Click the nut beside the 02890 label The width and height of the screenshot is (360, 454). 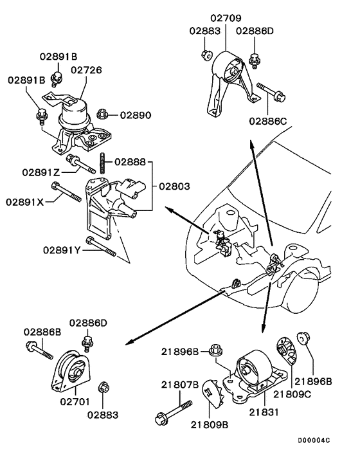[x=102, y=114]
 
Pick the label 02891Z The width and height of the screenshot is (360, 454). [x=40, y=172]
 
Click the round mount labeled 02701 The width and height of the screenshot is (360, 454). [x=73, y=372]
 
